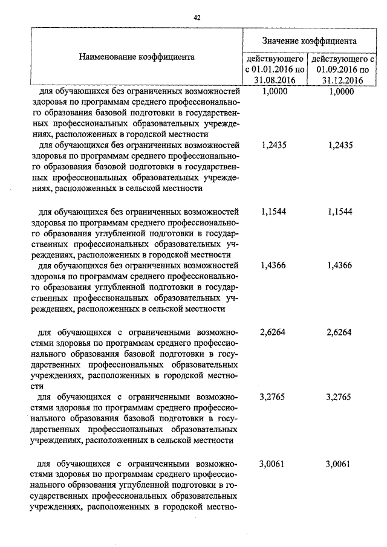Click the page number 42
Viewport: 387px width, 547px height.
point(197,18)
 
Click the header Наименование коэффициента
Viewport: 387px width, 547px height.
point(136,57)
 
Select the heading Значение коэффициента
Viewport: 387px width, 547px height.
point(309,41)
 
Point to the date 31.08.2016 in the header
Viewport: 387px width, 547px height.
point(275,79)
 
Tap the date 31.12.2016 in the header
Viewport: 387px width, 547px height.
point(342,79)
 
